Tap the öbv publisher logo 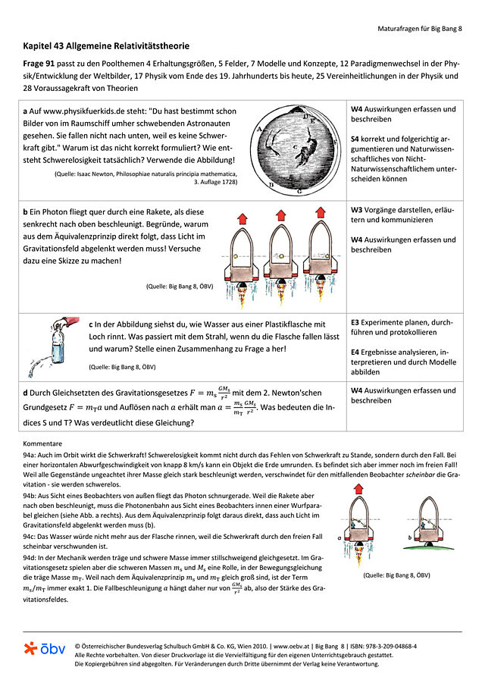click(x=45, y=649)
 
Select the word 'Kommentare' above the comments click(x=42, y=441)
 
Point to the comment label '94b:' click(x=33, y=493)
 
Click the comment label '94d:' click(x=33, y=557)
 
